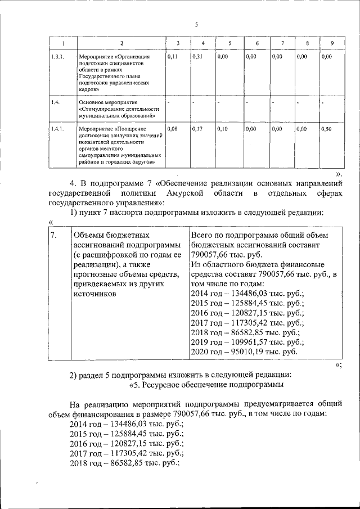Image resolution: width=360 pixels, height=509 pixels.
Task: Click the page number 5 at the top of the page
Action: pos(196,24)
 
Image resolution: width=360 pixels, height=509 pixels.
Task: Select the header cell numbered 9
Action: pos(332,44)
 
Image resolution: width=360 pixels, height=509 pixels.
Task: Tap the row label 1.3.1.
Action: pos(56,57)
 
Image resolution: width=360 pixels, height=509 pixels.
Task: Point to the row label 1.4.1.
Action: pos(56,129)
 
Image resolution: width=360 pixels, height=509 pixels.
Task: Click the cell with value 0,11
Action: pos(173,57)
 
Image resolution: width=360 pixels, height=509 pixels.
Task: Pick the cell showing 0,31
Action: pos(197,57)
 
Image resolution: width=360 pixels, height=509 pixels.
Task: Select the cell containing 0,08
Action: pos(173,129)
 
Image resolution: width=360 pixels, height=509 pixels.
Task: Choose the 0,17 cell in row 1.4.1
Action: pos(197,129)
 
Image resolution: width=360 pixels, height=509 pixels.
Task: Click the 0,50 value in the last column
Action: pos(326,129)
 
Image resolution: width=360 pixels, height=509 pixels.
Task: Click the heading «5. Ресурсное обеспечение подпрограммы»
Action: pos(206,385)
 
